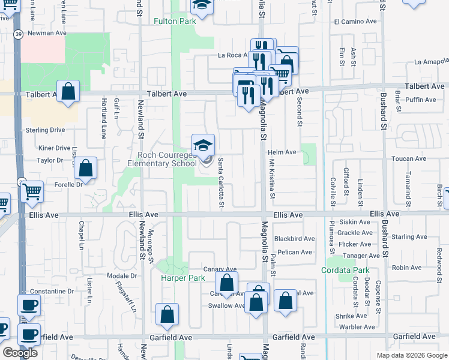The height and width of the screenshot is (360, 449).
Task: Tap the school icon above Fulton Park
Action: tap(202, 6)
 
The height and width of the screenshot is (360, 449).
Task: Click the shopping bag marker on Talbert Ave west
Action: tap(69, 92)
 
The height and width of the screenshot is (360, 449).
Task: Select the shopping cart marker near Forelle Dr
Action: tap(32, 193)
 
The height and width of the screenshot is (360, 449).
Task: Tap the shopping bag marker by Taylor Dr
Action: tap(86, 169)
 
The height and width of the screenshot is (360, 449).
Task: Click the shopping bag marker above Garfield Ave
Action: tap(167, 315)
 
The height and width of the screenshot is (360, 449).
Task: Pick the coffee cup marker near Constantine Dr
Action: tap(29, 305)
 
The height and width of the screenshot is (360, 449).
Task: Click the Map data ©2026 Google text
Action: tap(412, 355)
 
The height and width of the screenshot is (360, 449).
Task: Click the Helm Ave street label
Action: tap(282, 152)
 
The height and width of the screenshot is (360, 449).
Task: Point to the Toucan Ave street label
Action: tap(408, 159)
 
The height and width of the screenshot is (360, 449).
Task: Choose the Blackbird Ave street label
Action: tap(294, 239)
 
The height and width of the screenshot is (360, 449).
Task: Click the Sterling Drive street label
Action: tap(44, 130)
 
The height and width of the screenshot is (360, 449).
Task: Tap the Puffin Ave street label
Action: tap(421, 100)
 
